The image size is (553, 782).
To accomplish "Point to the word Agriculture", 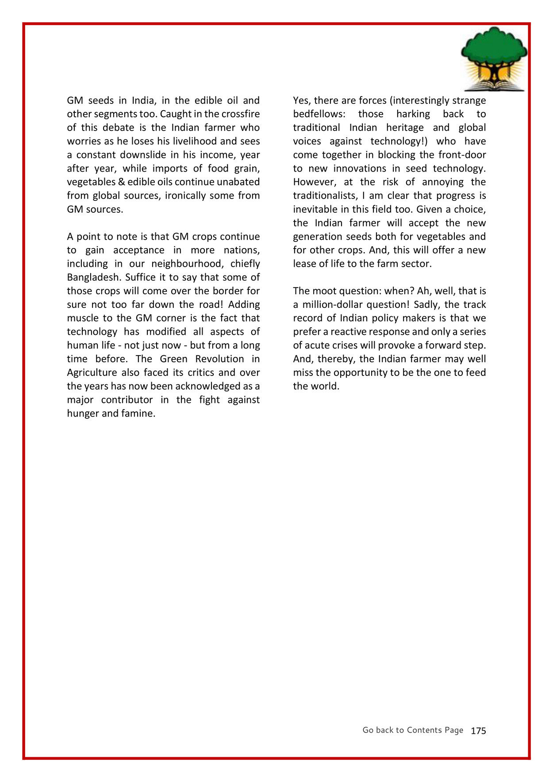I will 92,373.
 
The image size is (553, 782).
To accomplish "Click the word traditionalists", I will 325,196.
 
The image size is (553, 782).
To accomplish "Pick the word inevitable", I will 315,210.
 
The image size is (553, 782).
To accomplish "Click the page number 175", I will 478,731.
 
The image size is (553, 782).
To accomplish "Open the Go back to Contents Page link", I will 413,730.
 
